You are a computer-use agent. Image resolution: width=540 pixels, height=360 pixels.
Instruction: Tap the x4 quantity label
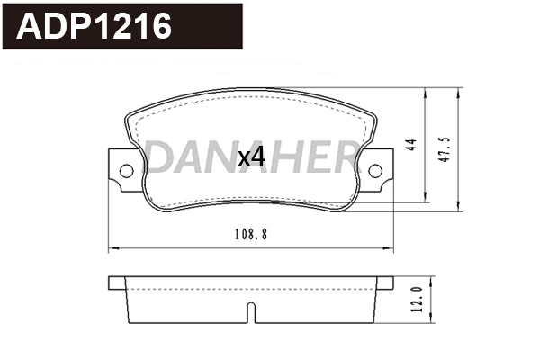click(x=251, y=158)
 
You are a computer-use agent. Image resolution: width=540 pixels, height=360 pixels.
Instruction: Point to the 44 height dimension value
click(x=412, y=147)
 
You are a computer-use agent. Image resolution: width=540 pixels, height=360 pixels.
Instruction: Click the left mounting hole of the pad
click(x=126, y=170)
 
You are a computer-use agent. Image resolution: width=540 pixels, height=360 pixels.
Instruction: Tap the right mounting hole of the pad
click(x=375, y=170)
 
